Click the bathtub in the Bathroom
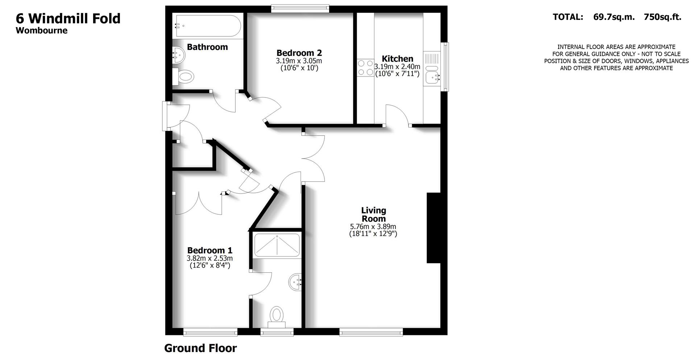pos(207,26)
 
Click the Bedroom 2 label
pos(299,53)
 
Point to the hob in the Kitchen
pos(365,67)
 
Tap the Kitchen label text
pos(397,59)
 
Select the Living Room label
pos(373,215)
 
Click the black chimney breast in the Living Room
pos(433,228)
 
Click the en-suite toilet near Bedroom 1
pos(277,316)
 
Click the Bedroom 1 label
pos(210,251)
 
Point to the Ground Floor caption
pos(200,348)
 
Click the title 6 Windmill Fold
pos(68,18)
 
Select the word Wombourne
pos(41,30)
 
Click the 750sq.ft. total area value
pos(662,17)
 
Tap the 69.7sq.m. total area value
pos(614,17)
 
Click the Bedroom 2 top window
pos(300,9)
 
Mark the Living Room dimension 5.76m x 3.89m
pos(373,227)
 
